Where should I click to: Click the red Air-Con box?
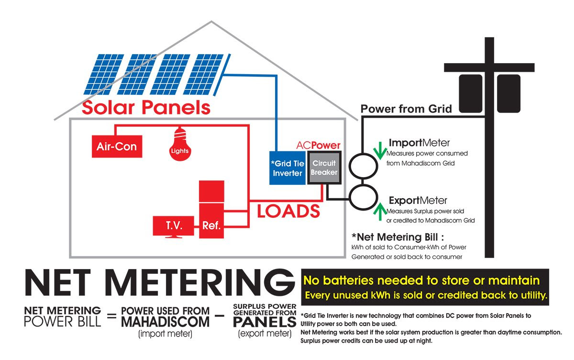point(117,147)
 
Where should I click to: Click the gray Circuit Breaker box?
point(324,168)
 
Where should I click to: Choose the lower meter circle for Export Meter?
point(362,201)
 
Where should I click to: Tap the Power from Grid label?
point(406,109)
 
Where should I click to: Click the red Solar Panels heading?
point(146,107)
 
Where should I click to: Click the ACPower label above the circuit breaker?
point(318,145)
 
